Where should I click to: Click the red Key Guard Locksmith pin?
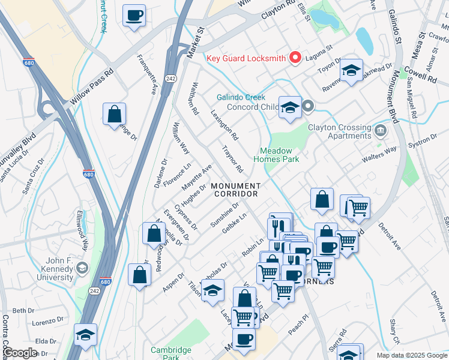point(295,58)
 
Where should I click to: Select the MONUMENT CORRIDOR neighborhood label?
point(236,190)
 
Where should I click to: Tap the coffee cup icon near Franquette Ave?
point(134,15)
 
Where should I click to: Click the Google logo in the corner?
point(20,353)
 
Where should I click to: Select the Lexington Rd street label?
point(224,125)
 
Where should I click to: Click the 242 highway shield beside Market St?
point(170,61)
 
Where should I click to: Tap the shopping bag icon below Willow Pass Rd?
point(114,114)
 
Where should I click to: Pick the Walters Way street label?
point(379,153)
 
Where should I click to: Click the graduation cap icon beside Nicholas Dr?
point(212,291)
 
